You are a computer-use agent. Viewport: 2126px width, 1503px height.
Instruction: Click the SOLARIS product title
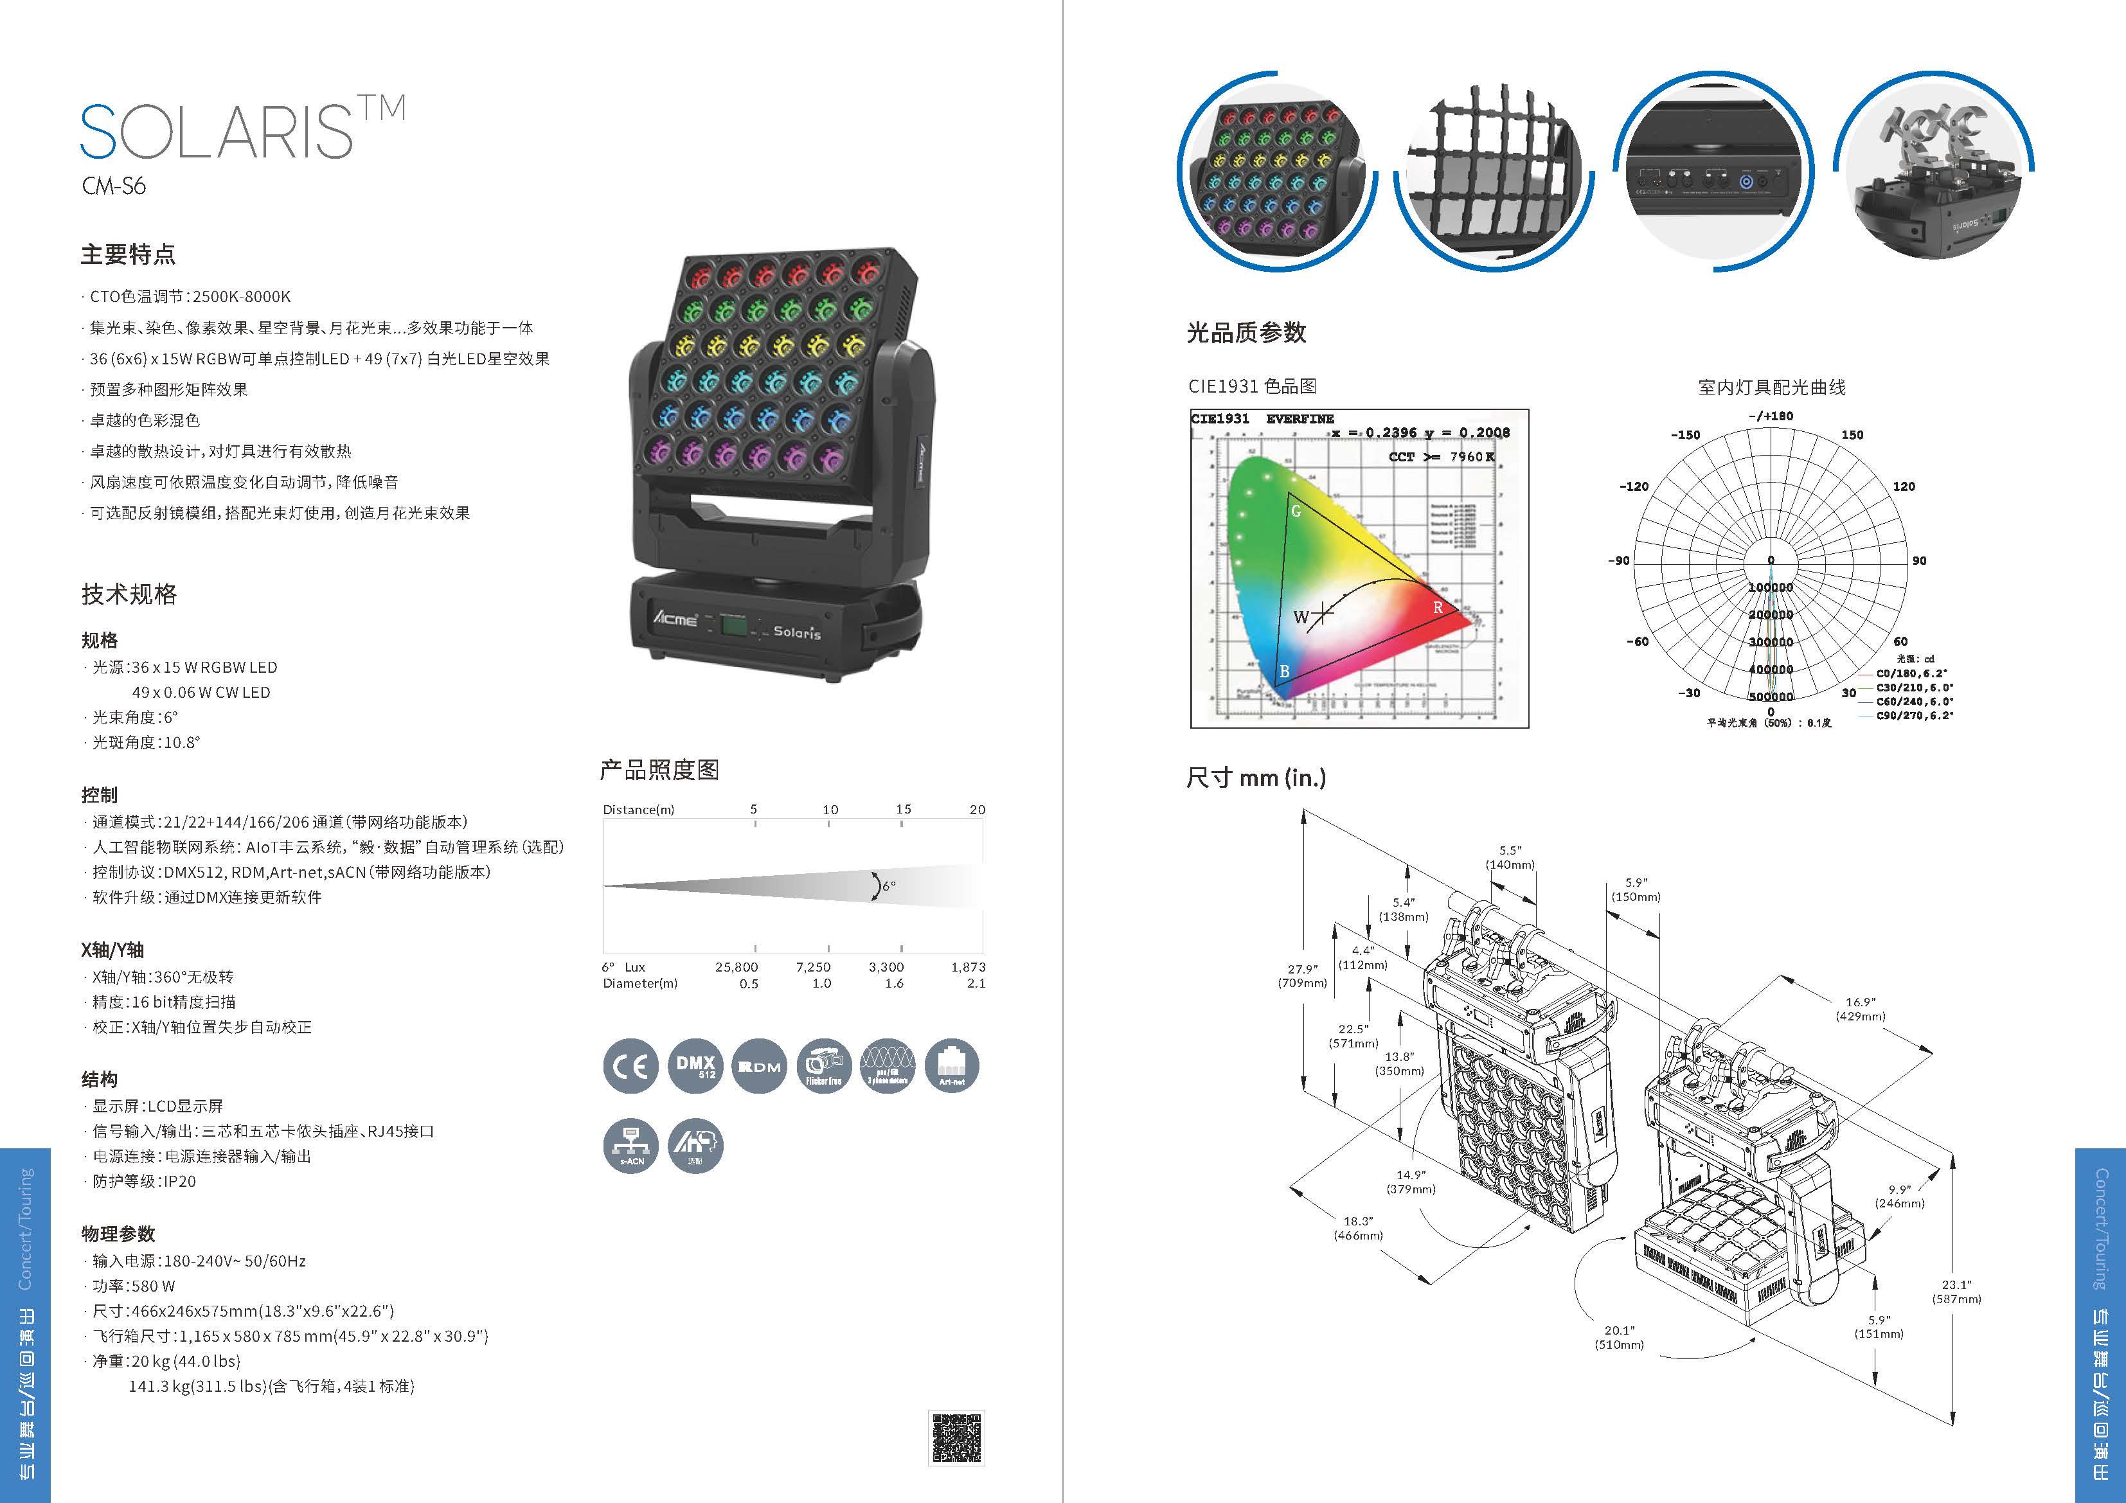(x=218, y=132)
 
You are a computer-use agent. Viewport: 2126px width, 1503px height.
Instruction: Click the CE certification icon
(x=630, y=1066)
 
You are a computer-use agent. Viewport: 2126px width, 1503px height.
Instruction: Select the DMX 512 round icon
(x=695, y=1066)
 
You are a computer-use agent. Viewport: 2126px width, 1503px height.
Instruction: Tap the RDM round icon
(x=759, y=1066)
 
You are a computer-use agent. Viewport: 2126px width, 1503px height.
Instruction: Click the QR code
(x=956, y=1437)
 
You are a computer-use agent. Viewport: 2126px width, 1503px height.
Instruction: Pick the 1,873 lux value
(x=968, y=967)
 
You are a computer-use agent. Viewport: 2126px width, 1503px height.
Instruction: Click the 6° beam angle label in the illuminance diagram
(x=888, y=886)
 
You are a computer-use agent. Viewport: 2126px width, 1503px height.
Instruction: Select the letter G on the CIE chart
(x=1296, y=511)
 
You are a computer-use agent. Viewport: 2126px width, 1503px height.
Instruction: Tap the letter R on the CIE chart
(x=1438, y=607)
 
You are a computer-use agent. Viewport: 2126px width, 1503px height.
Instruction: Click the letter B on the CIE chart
(x=1284, y=671)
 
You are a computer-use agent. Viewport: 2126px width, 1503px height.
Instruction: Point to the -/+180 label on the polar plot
(x=1771, y=416)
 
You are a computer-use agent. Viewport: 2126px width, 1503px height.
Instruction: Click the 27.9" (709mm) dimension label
(x=1302, y=976)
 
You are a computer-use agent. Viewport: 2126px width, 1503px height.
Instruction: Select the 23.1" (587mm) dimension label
(x=1956, y=1291)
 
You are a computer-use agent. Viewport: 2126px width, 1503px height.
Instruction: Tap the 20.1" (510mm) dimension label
(x=1618, y=1337)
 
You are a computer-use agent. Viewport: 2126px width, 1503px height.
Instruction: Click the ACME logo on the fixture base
(x=675, y=618)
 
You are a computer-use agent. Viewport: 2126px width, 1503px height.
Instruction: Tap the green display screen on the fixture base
(x=735, y=626)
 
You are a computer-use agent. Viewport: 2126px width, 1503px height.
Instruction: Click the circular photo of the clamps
(x=1933, y=172)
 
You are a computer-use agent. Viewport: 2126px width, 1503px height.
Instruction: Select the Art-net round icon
(x=952, y=1066)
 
